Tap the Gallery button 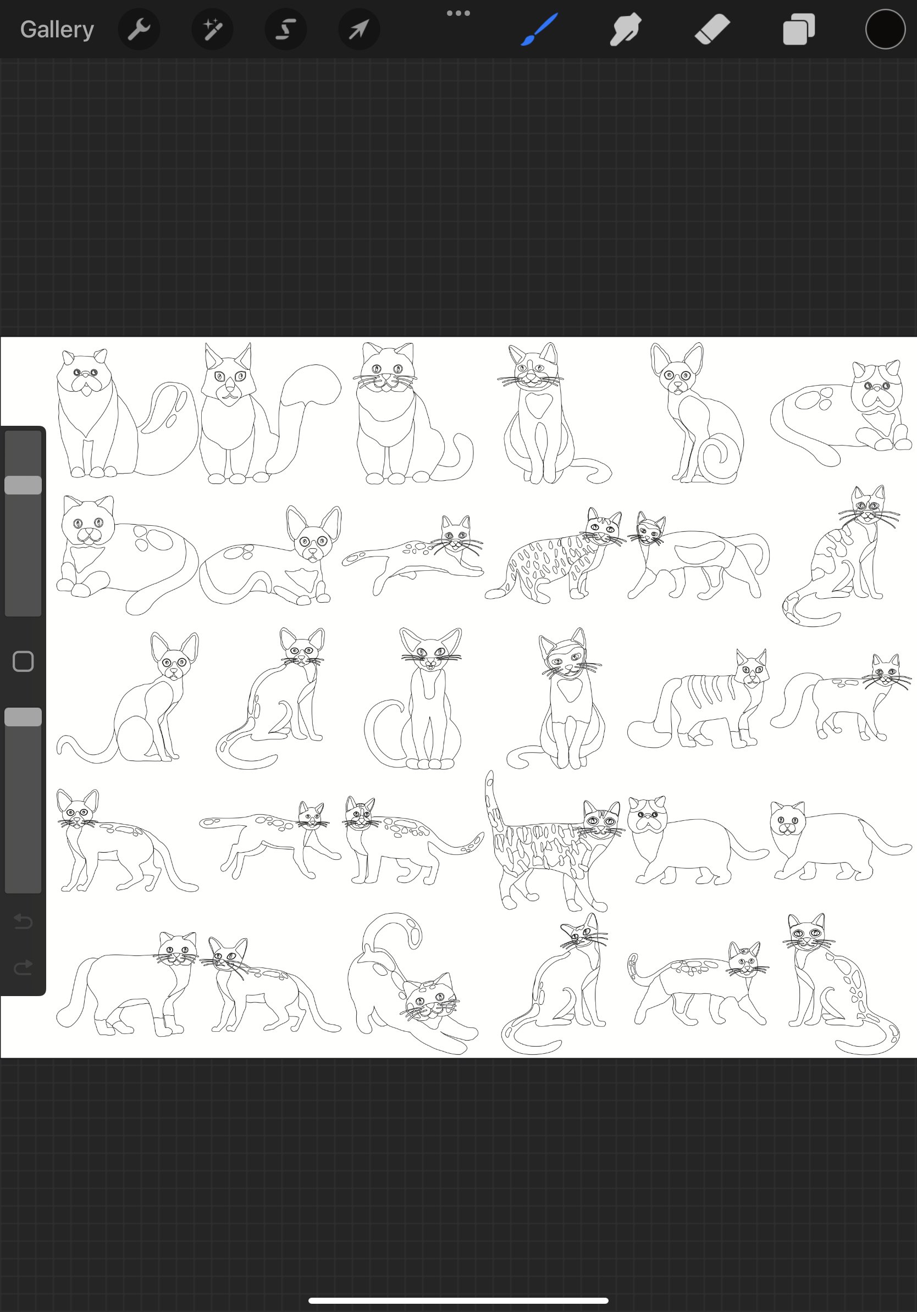pos(57,29)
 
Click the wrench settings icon pos(139,29)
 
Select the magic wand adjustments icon pos(212,29)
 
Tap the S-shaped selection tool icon pos(285,29)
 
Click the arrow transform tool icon pos(358,29)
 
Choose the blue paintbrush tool pos(539,29)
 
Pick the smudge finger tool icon pos(625,29)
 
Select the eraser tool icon pos(712,29)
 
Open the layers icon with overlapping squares pos(798,29)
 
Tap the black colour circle pos(885,29)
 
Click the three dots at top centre pos(458,13)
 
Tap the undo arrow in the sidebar pos(23,921)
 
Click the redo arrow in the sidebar pos(23,968)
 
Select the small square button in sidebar pos(23,661)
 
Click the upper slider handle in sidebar pos(23,485)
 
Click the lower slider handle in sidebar pos(23,717)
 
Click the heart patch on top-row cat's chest pos(538,404)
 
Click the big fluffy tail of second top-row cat pos(312,386)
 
